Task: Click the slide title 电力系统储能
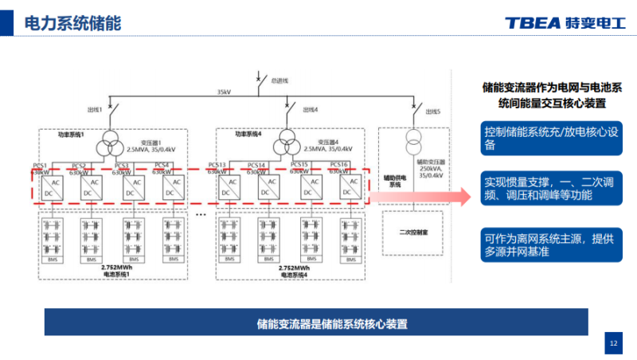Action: (x=72, y=23)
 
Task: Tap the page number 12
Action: (x=613, y=342)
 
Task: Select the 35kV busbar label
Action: (x=225, y=92)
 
